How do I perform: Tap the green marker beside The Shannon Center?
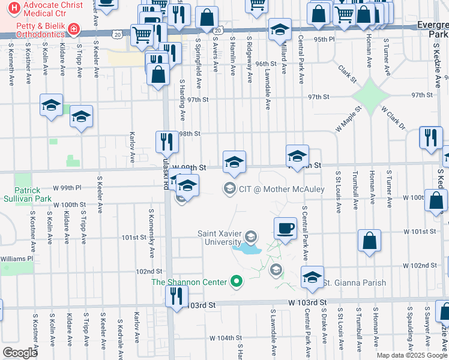pos(237,281)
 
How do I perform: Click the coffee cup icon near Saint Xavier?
pos(285,228)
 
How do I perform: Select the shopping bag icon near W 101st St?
pos(369,240)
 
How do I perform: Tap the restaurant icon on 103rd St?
pos(176,296)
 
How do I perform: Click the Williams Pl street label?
pos(17,259)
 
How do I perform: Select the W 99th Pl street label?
pos(72,188)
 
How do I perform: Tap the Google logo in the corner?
pos(20,353)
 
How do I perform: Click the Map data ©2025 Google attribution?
pos(411,355)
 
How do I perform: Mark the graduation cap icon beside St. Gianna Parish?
pos(312,278)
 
